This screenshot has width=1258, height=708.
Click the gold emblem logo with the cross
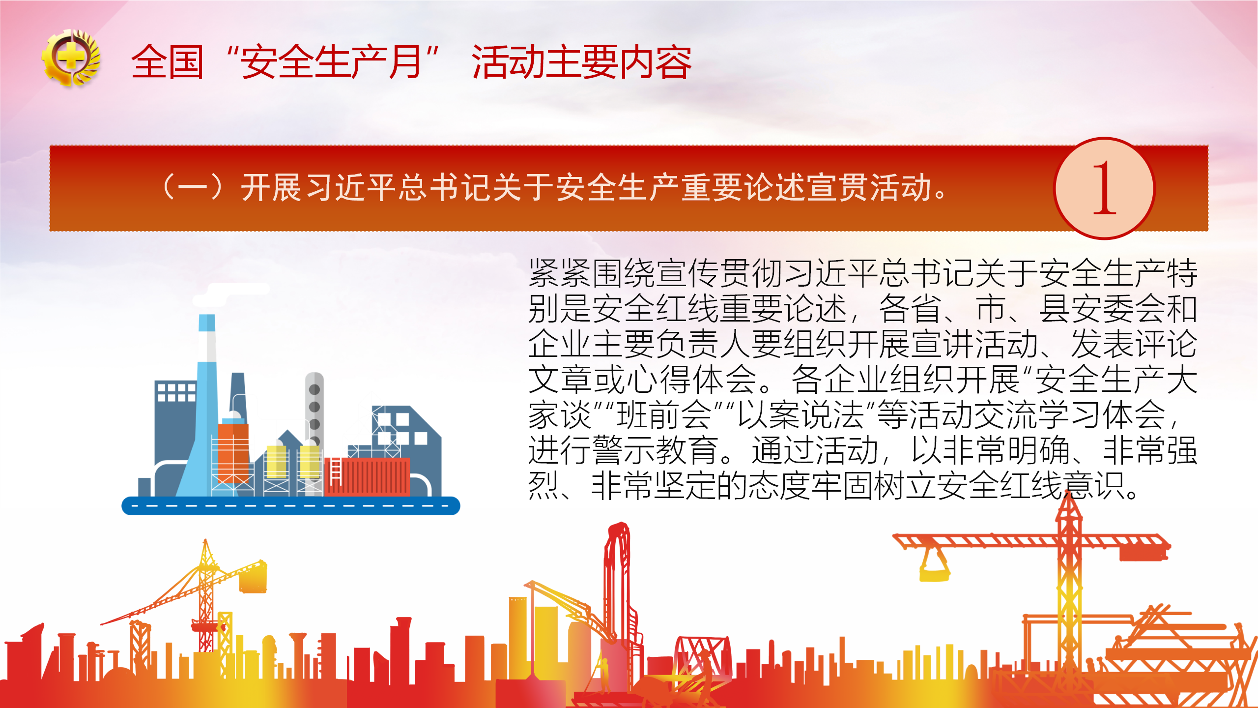pos(72,59)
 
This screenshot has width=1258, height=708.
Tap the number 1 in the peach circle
pos(1104,188)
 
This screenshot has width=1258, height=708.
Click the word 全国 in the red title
pos(168,62)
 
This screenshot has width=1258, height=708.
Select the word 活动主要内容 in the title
pos(581,62)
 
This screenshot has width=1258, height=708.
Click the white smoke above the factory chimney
pos(231,294)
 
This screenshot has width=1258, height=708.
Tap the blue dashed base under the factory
pos(291,505)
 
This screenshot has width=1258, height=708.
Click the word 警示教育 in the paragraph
pos(655,450)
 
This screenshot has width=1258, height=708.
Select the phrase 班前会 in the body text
pos(664,415)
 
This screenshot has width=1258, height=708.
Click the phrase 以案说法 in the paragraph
pos(801,415)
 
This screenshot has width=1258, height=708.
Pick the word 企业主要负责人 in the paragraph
pos(639,344)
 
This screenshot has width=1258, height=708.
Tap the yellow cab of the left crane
pos(253,576)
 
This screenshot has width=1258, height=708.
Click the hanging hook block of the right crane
pos(934,565)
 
